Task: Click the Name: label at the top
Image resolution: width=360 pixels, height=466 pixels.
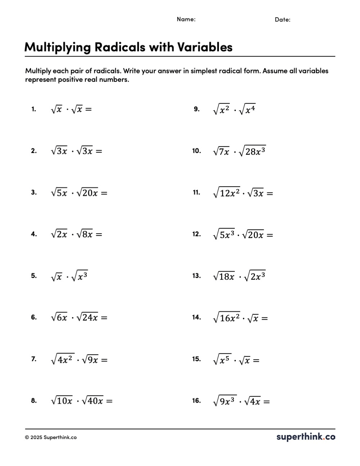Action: [x=186, y=19]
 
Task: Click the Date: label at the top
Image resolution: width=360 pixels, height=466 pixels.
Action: [x=283, y=20]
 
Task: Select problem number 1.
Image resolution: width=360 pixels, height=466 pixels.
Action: [x=33, y=109]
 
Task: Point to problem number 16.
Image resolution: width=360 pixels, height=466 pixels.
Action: [x=196, y=401]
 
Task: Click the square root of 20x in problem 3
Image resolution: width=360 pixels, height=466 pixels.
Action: [x=87, y=193]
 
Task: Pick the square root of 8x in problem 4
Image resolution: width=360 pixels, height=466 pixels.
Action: [x=85, y=234]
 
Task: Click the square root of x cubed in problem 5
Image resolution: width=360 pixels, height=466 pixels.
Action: [x=80, y=276]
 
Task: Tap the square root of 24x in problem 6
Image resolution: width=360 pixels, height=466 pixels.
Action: [x=87, y=317]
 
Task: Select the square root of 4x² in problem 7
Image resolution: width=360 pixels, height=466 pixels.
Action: [x=63, y=359]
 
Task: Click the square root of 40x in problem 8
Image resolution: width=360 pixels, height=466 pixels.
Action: [x=93, y=400]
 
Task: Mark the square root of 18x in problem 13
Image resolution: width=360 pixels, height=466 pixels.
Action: [x=224, y=276]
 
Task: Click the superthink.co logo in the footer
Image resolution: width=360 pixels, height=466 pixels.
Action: [x=306, y=437]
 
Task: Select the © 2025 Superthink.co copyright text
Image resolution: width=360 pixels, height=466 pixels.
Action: [x=51, y=438]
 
